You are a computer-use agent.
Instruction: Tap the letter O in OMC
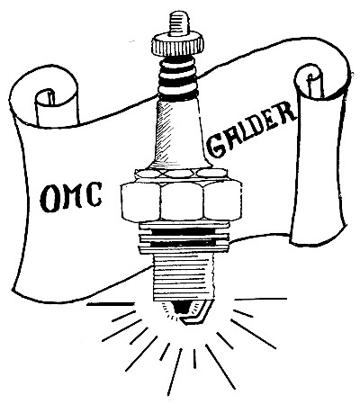(49, 198)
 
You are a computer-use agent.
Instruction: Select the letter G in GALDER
(218, 146)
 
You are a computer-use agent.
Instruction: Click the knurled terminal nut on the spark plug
(178, 45)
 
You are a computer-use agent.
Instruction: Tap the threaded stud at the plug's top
(179, 22)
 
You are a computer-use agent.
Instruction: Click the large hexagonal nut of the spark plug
(181, 202)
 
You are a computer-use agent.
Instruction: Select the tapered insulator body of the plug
(179, 132)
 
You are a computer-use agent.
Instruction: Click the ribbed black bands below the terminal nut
(177, 78)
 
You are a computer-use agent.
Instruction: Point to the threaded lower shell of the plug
(184, 277)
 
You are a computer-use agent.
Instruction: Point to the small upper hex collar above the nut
(181, 174)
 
